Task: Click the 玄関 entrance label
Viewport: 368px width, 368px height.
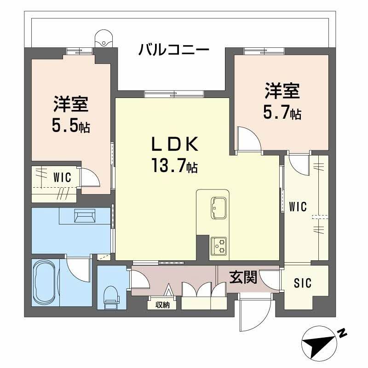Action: click(x=243, y=277)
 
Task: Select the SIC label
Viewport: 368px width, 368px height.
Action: click(x=302, y=283)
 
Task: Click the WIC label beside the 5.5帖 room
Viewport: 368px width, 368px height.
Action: click(x=62, y=178)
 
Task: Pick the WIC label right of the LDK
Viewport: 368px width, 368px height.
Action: click(x=298, y=207)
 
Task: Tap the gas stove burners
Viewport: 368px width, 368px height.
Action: click(x=218, y=246)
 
